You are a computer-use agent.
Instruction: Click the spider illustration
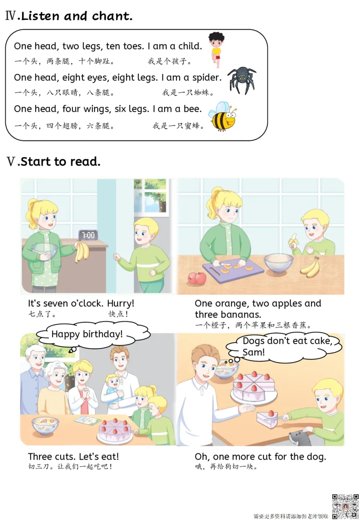(242, 80)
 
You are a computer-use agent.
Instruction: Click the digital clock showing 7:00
(88, 235)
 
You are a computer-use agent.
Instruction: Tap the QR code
(346, 506)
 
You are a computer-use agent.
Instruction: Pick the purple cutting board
(233, 270)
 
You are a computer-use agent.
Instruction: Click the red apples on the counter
(197, 278)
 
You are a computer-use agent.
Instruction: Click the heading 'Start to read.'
(60, 161)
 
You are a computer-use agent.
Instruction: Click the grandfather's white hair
(35, 351)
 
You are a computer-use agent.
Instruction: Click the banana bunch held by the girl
(81, 251)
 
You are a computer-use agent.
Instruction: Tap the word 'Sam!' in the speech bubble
(254, 352)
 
